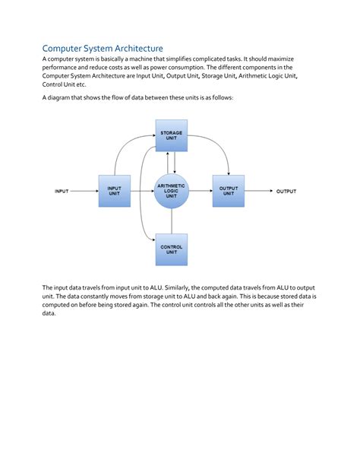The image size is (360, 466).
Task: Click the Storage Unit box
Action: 171,136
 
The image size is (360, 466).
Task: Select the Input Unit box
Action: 114,191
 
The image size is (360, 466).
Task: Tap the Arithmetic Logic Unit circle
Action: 171,191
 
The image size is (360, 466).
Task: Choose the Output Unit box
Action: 228,191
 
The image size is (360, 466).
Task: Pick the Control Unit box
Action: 171,249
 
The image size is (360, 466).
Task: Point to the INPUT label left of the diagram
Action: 62,192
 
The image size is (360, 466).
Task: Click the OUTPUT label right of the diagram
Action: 286,192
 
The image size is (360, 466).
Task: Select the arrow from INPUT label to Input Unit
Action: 84,192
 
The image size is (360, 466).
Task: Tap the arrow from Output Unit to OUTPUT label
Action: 258,192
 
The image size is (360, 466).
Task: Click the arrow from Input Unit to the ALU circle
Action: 141,192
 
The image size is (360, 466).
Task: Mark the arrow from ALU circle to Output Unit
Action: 200,192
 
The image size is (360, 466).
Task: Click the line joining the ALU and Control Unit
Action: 171,222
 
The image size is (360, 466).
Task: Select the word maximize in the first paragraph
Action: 301,59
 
